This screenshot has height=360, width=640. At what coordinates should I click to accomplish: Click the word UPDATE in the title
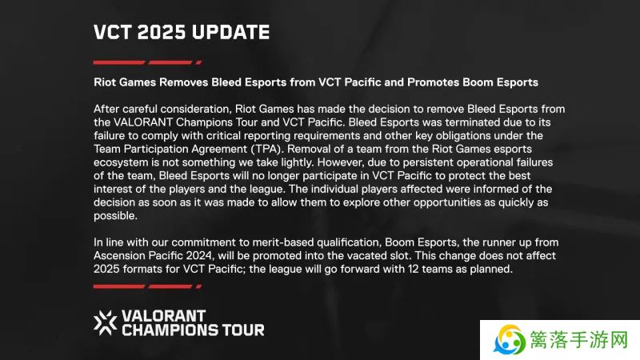(x=230, y=32)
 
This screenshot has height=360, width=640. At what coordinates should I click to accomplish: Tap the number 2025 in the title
(x=162, y=32)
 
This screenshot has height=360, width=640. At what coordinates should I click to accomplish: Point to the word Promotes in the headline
(x=433, y=82)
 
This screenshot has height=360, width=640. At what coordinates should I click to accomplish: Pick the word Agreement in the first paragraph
(x=222, y=150)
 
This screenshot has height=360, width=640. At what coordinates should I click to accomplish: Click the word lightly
(x=297, y=162)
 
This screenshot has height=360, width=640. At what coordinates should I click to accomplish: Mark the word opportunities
(x=447, y=202)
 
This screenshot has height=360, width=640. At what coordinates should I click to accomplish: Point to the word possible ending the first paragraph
(x=115, y=216)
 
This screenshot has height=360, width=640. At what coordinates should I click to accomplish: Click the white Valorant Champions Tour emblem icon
(x=106, y=323)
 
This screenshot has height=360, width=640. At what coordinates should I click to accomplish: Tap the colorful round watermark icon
(x=509, y=339)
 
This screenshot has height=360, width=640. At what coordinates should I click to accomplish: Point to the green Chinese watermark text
(x=578, y=339)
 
